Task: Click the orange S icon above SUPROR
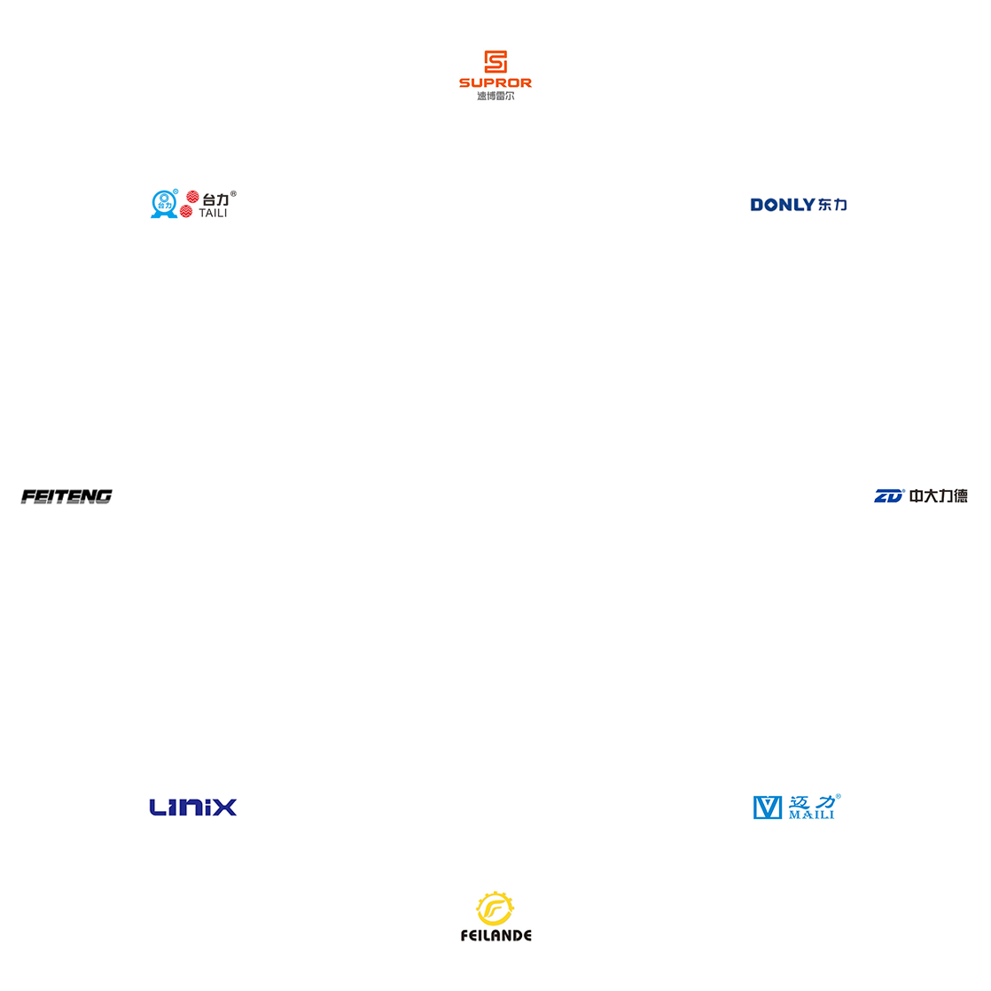(495, 62)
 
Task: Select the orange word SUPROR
(495, 83)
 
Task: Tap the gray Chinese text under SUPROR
(495, 96)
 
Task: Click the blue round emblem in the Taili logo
(164, 204)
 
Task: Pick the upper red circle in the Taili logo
(192, 197)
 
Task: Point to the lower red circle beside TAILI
(186, 212)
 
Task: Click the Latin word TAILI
(213, 214)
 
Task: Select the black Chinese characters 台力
(215, 199)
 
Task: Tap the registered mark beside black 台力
(233, 194)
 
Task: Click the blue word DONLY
(783, 205)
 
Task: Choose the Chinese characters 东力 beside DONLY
(833, 205)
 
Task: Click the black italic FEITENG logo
(66, 496)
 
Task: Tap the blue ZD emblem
(889, 496)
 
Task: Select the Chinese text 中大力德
(939, 496)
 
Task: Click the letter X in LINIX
(226, 808)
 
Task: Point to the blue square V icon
(768, 808)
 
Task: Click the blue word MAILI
(812, 815)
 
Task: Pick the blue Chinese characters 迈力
(812, 801)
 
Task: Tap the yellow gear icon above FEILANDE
(495, 909)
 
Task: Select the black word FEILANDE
(496, 936)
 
